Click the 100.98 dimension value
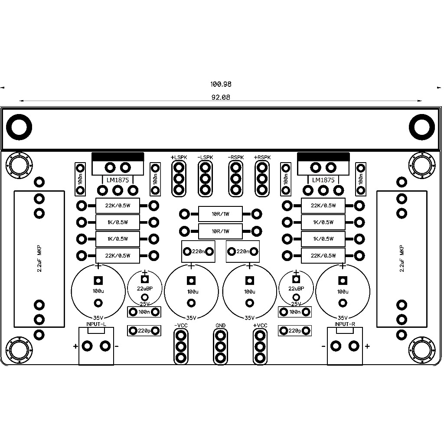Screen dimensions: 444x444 pos(221,84)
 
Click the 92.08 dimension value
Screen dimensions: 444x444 pos(221,97)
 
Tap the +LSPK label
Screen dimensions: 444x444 pos(179,157)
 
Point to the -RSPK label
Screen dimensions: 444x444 pos(235,157)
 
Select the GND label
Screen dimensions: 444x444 pos(220,325)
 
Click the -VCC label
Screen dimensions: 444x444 pos(181,325)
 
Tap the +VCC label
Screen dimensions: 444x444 pos(260,325)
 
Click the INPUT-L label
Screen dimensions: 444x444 pos(96,324)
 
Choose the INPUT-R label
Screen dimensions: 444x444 pos(345,324)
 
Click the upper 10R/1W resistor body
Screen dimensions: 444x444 pos(220,214)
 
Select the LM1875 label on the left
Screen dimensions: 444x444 pos(118,180)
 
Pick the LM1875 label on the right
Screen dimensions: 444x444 pos(323,180)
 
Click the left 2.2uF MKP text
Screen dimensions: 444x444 pos(39,258)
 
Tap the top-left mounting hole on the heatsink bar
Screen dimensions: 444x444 pos(19,127)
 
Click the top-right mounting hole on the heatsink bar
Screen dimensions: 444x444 pos(422,127)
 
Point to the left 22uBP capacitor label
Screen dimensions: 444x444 pos(145,288)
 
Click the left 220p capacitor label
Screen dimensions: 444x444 pos(144,330)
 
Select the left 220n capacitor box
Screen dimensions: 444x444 pos(198,251)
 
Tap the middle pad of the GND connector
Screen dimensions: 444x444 pos(220,346)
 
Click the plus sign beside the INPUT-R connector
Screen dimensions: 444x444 pos(367,346)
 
